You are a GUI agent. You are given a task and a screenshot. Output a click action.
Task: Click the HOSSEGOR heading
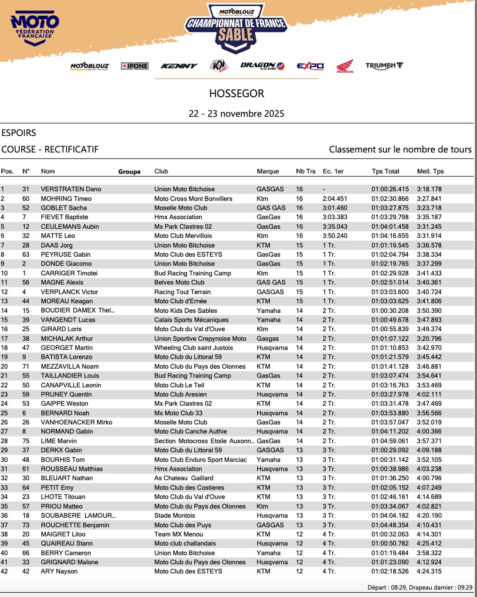click(x=237, y=94)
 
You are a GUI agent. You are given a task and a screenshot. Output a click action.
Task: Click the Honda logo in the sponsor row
click(x=345, y=66)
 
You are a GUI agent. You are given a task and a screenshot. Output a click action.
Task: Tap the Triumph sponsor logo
click(x=384, y=66)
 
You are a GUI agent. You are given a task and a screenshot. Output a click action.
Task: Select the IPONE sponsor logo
click(x=135, y=66)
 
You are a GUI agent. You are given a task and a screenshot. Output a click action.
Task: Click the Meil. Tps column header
click(x=430, y=171)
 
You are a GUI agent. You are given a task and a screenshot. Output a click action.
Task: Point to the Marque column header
click(x=268, y=171)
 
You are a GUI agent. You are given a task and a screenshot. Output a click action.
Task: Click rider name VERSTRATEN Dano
click(x=71, y=189)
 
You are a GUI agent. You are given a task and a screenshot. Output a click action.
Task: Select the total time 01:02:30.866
click(x=390, y=199)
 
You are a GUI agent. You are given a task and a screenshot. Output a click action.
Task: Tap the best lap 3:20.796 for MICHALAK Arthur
click(x=429, y=339)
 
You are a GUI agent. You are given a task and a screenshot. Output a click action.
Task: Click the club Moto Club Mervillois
click(x=183, y=236)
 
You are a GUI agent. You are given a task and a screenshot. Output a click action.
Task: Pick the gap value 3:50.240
click(x=335, y=236)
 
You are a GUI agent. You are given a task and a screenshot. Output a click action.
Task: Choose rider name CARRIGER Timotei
click(x=69, y=273)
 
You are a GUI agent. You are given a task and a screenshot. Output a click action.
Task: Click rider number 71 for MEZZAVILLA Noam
click(x=26, y=366)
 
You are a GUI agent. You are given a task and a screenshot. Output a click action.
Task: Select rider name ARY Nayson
click(x=59, y=571)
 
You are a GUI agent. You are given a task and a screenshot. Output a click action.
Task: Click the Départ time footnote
click(x=419, y=587)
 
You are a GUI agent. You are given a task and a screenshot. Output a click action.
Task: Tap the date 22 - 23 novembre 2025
click(x=237, y=114)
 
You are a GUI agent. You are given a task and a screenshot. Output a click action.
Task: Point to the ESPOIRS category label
click(x=19, y=133)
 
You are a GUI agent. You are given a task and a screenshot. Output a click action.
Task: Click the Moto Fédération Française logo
click(x=35, y=27)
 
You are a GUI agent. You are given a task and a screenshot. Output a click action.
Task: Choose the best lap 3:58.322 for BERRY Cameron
click(x=429, y=553)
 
